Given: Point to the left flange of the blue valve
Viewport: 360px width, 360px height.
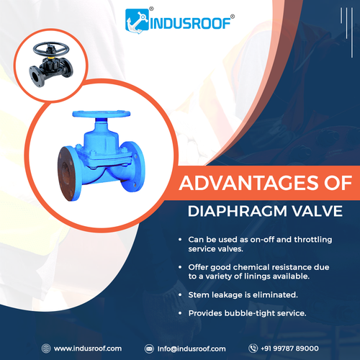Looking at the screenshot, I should (x=66, y=171).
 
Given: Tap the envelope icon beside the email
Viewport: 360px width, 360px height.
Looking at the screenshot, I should (x=149, y=348).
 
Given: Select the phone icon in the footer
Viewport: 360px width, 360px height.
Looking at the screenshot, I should (x=253, y=348).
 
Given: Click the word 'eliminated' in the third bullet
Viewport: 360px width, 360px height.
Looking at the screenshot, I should (x=280, y=295).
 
